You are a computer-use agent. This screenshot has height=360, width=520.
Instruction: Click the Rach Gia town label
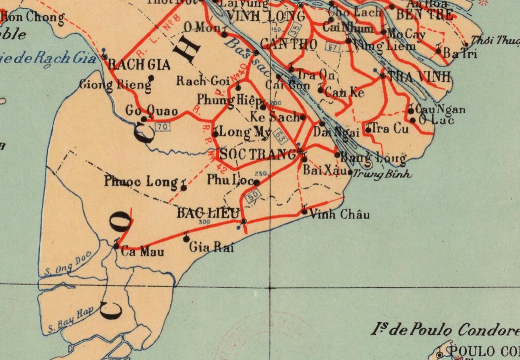tap(139, 64)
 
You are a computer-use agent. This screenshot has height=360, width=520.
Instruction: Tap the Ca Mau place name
tap(142, 252)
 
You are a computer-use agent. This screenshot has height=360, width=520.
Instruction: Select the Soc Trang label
tap(258, 154)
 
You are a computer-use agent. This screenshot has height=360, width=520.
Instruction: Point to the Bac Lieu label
tap(208, 213)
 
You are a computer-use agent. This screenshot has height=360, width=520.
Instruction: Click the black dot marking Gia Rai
tap(186, 239)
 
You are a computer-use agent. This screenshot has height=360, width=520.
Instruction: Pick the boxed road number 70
tap(163, 126)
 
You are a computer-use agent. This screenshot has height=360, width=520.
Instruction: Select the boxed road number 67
tap(332, 47)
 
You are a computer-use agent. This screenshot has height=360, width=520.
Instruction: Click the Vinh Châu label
tap(340, 215)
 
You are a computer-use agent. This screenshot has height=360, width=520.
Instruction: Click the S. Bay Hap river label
tap(71, 320)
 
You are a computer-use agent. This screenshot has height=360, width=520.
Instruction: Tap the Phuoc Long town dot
tap(184, 188)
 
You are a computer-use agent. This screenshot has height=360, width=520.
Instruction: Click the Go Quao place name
tap(151, 111)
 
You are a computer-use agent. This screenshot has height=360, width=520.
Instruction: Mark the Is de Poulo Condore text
tap(445, 329)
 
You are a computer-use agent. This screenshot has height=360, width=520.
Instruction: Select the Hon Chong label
tap(33, 17)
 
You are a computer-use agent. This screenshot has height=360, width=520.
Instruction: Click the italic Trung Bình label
tap(382, 174)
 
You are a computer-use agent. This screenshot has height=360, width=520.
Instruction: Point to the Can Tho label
tap(289, 44)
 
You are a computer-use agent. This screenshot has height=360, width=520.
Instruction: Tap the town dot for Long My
tap(215, 134)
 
